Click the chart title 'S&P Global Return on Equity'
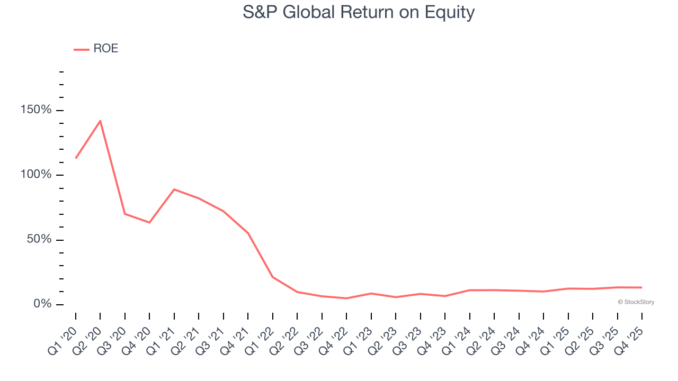pos(359,12)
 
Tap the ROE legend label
pos(105,49)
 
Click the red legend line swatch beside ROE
pos(82,49)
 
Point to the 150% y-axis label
pos(37,110)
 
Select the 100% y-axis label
pos(37,175)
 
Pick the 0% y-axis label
pos(42,304)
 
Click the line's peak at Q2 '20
pos(100,121)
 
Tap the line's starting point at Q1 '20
pos(76,158)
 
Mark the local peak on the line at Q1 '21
pos(174,189)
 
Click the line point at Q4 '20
pos(149,222)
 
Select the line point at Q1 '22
pos(273,277)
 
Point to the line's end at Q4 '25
pos(642,287)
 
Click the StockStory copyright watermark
pos(636,302)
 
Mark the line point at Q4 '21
pos(248,233)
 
